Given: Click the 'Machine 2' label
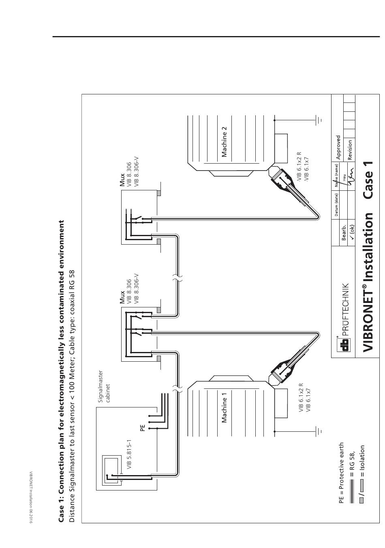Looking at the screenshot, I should [x=224, y=142].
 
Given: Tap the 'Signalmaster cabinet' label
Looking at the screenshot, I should [x=104, y=387].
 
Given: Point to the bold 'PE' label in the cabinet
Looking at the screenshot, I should [x=142, y=428].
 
